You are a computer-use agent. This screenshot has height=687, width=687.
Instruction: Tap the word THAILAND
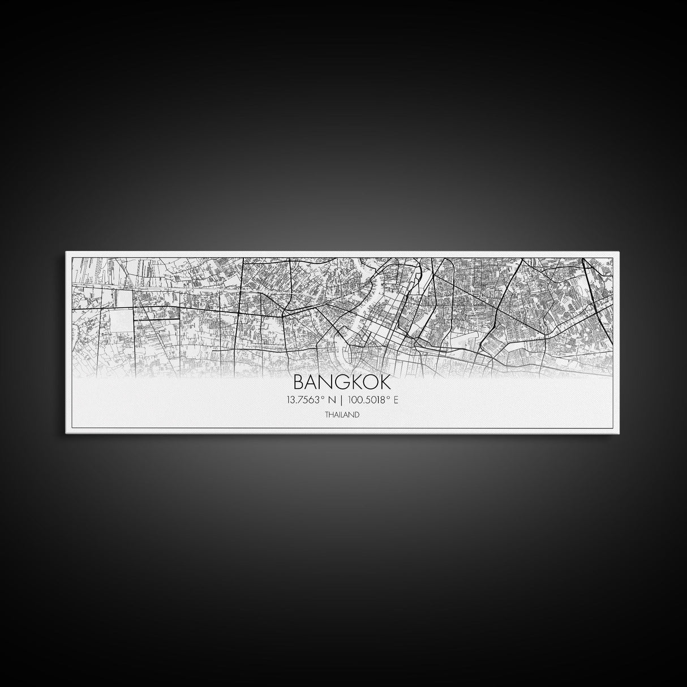tap(342, 415)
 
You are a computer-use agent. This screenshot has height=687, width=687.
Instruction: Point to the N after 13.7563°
tap(332, 400)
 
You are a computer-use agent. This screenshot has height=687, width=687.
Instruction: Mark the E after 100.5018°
tap(396, 400)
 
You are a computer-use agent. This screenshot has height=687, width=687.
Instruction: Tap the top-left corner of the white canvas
tap(67, 252)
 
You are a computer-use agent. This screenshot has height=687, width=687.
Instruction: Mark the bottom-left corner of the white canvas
tap(67, 435)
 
